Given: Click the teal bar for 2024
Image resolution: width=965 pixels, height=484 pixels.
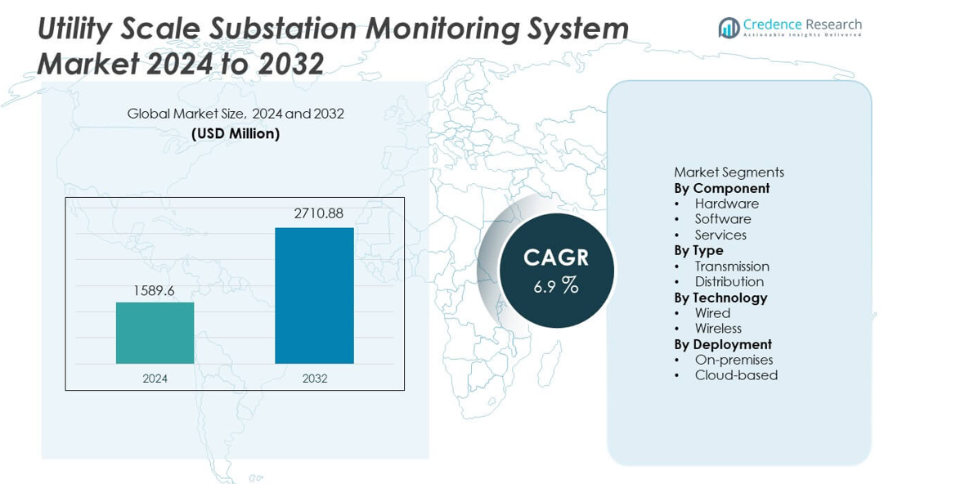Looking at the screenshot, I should [155, 333].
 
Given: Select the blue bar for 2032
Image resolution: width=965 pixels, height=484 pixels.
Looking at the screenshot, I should [314, 295].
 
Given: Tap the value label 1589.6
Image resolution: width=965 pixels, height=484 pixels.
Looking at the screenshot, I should [155, 289].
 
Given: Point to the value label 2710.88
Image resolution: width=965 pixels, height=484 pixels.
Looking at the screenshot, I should [318, 214].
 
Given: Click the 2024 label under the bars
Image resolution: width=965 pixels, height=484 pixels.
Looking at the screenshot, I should [155, 379].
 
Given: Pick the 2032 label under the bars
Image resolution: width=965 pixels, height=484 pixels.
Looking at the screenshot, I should [314, 379].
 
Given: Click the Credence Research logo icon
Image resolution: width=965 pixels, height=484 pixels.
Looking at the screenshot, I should [729, 28].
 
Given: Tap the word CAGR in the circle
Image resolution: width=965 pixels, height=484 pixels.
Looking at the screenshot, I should [556, 258].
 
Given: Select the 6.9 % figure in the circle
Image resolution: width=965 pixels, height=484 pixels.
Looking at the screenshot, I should [556, 286].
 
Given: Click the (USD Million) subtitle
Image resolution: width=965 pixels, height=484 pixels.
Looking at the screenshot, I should [236, 133].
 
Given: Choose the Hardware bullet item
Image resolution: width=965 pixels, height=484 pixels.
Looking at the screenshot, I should [726, 204].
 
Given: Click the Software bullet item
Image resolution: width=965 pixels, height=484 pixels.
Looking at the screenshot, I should [723, 219].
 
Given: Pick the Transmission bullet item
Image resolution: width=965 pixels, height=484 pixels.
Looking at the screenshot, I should [732, 267].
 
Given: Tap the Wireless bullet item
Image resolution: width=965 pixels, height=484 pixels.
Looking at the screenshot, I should [718, 329].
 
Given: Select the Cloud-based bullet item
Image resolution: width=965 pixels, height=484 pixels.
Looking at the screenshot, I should [736, 375].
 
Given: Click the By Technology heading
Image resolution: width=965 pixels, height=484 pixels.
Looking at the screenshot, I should [720, 298].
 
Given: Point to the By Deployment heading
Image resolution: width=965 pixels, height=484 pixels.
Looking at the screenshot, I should [723, 344].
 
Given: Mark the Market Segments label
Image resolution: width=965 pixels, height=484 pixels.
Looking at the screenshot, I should [729, 173].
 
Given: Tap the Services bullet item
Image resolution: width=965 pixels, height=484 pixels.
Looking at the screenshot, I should [720, 235].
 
